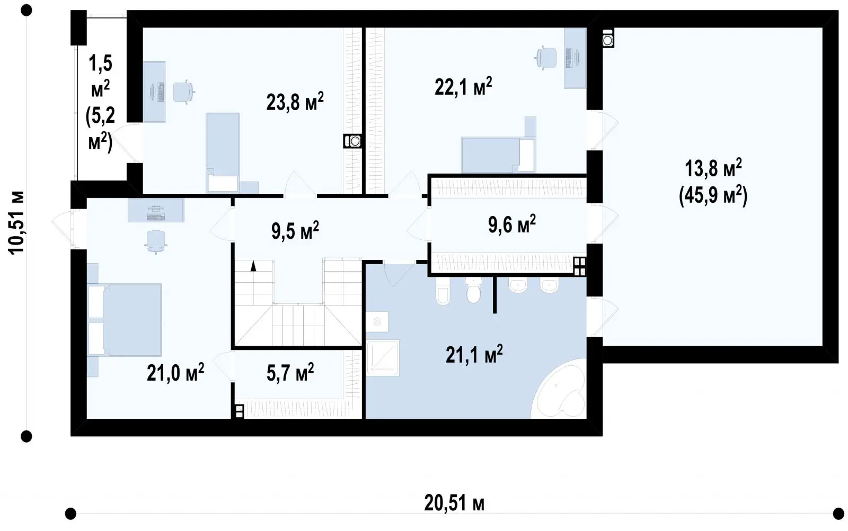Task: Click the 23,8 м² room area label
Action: pyautogui.click(x=295, y=102)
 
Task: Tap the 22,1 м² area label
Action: pyautogui.click(x=463, y=87)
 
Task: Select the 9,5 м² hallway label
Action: pyautogui.click(x=295, y=230)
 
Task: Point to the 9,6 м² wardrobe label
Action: pyautogui.click(x=512, y=224)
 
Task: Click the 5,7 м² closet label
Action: pyautogui.click(x=290, y=373)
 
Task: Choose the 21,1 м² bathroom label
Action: pyautogui.click(x=474, y=354)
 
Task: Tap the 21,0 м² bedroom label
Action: pyautogui.click(x=175, y=373)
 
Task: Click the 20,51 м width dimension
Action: pyautogui.click(x=454, y=503)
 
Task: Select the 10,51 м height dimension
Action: pyautogui.click(x=16, y=223)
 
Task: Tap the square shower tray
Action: pyautogui.click(x=383, y=357)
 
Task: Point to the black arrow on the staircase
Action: pyautogui.click(x=253, y=266)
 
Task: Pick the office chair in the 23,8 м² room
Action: pyautogui.click(x=183, y=92)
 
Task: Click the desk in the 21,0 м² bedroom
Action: pyautogui.click(x=156, y=210)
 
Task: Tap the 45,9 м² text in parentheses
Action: pyautogui.click(x=713, y=196)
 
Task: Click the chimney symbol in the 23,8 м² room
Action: pyautogui.click(x=352, y=141)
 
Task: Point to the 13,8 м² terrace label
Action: pyautogui.click(x=713, y=168)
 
